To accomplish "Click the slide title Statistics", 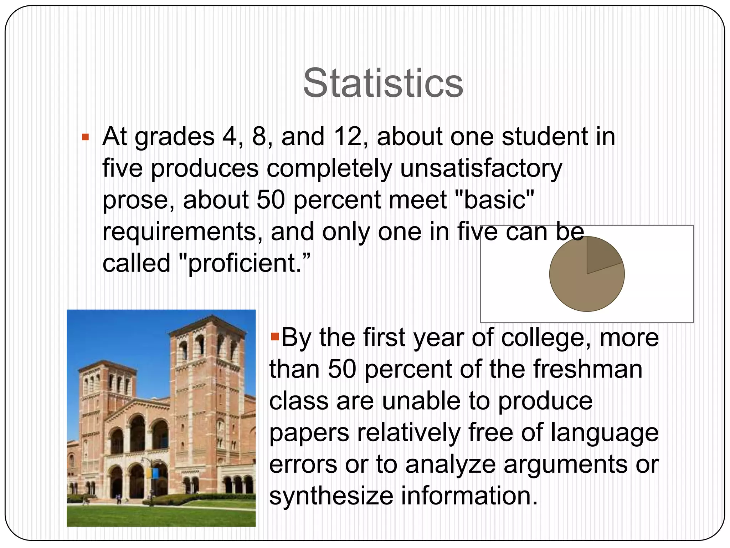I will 383,83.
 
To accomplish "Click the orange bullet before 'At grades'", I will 85,137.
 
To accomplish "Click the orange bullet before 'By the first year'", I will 274,336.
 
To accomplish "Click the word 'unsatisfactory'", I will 481,168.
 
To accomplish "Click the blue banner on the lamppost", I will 155,473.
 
